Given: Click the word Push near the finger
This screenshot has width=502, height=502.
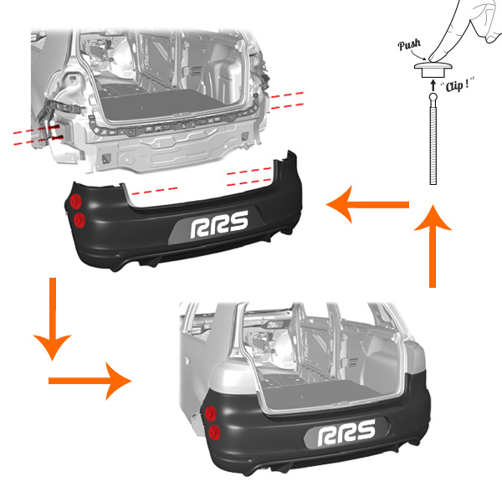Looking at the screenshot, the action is point(409,44).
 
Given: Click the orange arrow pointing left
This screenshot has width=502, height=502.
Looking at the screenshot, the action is point(367,205).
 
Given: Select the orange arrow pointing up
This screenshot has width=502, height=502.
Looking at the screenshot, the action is point(433,246).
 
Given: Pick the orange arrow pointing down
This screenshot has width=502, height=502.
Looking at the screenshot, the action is point(53,320).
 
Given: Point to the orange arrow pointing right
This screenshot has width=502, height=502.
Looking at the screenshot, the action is point(90,381).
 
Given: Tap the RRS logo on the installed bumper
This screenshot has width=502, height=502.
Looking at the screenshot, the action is point(346,433).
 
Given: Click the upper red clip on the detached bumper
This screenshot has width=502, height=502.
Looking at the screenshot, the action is point(76,202).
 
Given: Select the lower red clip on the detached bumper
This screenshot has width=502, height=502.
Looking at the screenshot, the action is point(79,220).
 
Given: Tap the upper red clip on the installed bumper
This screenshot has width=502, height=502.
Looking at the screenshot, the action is point(211,413).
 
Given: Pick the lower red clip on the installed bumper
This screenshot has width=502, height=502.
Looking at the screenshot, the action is point(214,433).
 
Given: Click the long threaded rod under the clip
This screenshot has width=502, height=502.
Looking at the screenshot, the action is point(433,146).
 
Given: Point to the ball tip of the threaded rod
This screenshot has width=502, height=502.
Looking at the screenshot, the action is point(433,97).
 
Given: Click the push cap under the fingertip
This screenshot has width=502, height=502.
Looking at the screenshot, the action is point(433,69).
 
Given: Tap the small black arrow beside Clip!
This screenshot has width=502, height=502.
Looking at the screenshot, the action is point(433,85).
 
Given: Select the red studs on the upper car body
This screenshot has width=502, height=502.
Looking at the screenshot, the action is point(56,132).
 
